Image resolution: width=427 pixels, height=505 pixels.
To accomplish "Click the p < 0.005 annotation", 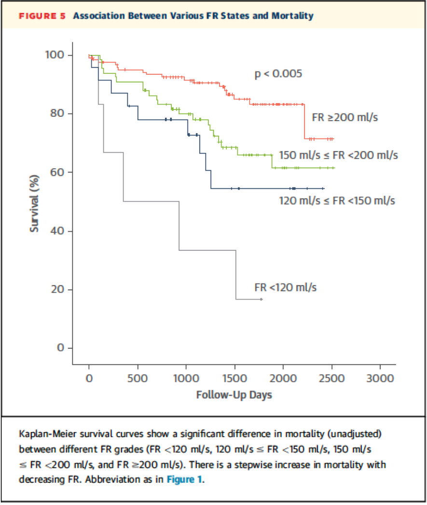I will pos(278,74).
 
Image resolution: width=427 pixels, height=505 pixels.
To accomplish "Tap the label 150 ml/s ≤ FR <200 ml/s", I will pos(339,155).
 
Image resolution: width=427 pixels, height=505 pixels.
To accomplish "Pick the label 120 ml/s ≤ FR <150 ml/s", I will pos(337,201).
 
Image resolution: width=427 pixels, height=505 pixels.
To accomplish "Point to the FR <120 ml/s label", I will pos(286,287).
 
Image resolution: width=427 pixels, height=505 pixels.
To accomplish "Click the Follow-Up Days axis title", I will pos(234,395).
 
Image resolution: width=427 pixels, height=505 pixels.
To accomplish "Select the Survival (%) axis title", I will pos(35,201).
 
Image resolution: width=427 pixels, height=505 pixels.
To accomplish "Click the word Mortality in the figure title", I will pos(291,16).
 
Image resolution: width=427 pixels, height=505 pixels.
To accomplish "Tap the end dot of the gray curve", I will pos(261,300).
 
